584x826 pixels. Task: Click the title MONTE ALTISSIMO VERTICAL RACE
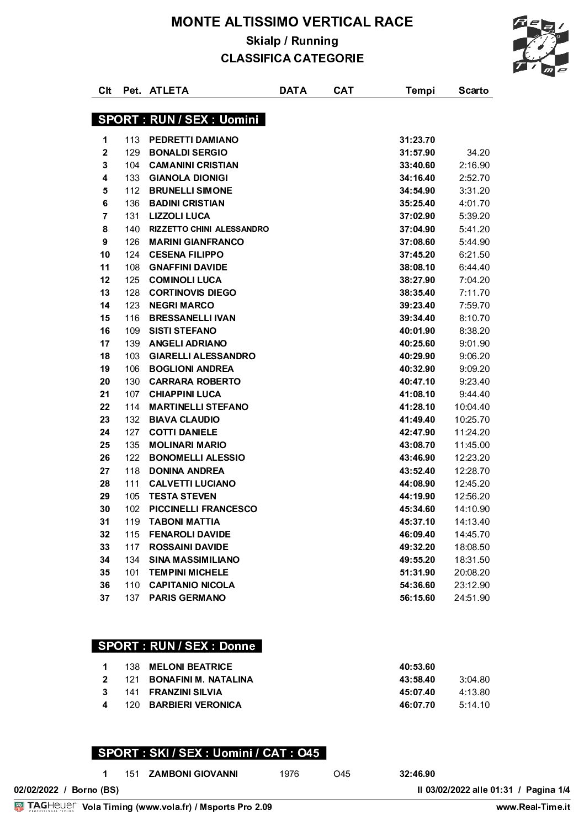pyautogui.click(x=292, y=22)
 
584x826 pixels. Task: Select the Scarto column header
pyautogui.click(x=473, y=90)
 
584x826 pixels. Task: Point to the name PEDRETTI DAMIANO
pyautogui.click(x=194, y=140)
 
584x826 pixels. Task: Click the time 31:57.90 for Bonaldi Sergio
pyautogui.click(x=417, y=153)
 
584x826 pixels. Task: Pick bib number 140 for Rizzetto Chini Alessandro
pyautogui.click(x=132, y=229)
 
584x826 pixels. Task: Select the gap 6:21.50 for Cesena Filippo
pyautogui.click(x=474, y=255)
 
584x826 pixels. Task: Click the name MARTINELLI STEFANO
pyautogui.click(x=199, y=407)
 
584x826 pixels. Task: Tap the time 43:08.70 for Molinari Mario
pyautogui.click(x=417, y=445)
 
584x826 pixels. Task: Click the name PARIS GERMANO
pyautogui.click(x=187, y=598)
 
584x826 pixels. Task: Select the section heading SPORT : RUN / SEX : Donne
pyautogui.click(x=177, y=646)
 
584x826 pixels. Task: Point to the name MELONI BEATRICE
pyautogui.click(x=190, y=667)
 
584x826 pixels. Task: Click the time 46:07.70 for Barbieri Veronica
pyautogui.click(x=417, y=705)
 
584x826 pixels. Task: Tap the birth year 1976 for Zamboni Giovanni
pyautogui.click(x=289, y=774)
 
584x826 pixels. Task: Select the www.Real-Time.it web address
pyautogui.click(x=533, y=808)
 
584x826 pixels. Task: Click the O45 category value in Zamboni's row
pyautogui.click(x=342, y=774)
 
